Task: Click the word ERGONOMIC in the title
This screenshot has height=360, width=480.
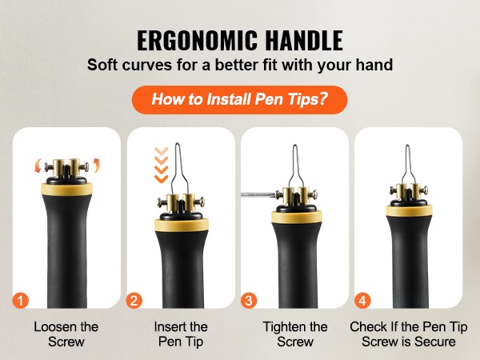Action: pos(197,41)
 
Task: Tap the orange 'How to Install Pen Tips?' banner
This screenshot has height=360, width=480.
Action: pos(239,100)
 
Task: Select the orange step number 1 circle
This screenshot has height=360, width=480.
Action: pos(21,301)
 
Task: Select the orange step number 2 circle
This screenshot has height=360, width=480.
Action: pos(134,301)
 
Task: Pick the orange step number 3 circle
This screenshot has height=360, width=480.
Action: pos(249,301)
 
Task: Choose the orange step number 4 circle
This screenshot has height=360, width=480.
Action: pos(362,301)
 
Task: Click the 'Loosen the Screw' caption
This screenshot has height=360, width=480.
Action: pos(66,334)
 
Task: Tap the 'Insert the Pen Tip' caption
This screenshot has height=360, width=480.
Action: pos(181,334)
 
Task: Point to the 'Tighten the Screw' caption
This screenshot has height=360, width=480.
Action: pos(295,334)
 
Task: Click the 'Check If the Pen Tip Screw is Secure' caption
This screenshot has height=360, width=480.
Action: pos(409,334)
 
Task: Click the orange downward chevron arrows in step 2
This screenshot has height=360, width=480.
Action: pos(161,165)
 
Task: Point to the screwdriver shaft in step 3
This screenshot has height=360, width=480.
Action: pos(258,194)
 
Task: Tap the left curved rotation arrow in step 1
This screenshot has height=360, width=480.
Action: pos(38,166)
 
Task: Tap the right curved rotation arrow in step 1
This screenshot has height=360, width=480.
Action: pos(97,166)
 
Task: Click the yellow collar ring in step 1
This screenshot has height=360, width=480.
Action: pos(66,189)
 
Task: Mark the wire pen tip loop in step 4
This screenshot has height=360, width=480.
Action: pos(407,165)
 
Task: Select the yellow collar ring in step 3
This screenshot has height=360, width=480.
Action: pos(297,217)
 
